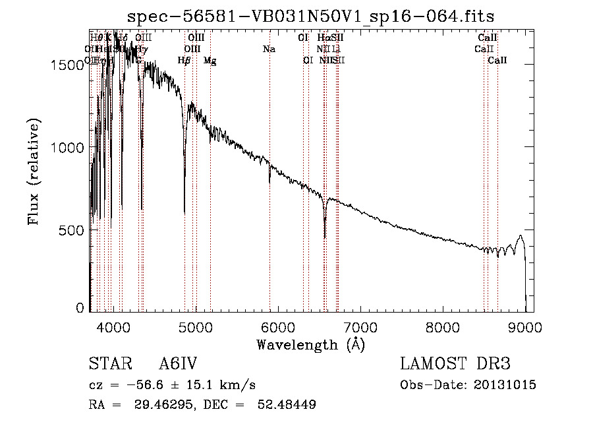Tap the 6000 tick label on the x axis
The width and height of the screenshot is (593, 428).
pyautogui.click(x=277, y=327)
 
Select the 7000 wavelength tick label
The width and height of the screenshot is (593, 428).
pyautogui.click(x=360, y=327)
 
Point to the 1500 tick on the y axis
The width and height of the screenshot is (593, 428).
pyautogui.click(x=66, y=65)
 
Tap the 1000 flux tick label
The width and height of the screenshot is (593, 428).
pyautogui.click(x=66, y=147)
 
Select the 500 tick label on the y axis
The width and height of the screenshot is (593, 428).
pyautogui.click(x=71, y=229)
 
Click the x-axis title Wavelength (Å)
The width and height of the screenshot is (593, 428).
pyautogui.click(x=310, y=345)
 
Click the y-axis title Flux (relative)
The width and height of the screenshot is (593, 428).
pyautogui.click(x=33, y=171)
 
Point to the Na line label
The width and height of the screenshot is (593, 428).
pyautogui.click(x=269, y=49)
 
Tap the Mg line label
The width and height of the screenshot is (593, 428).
pyautogui.click(x=210, y=61)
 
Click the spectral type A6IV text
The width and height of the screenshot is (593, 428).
pyautogui.click(x=179, y=365)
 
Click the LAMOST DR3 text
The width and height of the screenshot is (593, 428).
pyautogui.click(x=455, y=365)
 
